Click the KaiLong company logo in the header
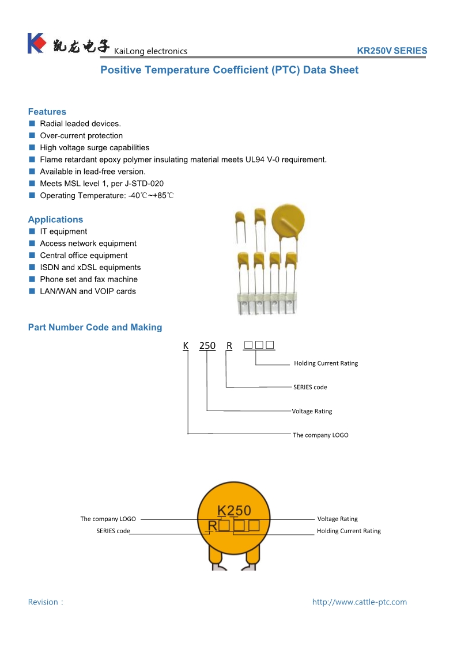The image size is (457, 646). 36,43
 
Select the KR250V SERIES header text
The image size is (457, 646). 392,51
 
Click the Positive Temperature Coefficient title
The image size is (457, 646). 229,70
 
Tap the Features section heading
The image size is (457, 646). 47,112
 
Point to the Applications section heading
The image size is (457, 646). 55,219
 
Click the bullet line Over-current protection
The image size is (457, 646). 81,136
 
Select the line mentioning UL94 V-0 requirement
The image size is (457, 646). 183,159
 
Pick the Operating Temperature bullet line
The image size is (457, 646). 107,196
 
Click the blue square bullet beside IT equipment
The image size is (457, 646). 32,231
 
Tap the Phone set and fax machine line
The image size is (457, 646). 89,279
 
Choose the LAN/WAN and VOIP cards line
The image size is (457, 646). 88,291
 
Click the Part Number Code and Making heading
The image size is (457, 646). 95,327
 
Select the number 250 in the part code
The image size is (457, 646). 207,345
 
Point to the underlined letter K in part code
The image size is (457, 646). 186,345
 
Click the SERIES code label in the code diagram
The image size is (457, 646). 310,387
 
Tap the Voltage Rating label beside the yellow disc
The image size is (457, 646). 337,519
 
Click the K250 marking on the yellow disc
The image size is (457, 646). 233,510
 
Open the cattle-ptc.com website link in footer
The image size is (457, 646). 359,602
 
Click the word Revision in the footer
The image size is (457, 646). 43,602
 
